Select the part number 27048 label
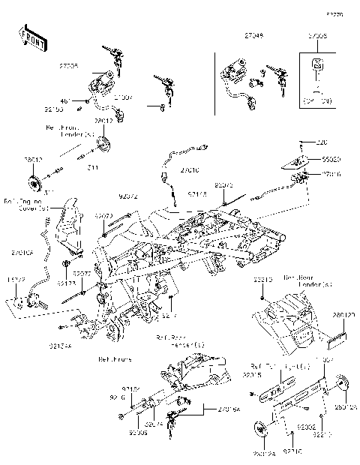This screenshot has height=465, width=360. coord(233,35)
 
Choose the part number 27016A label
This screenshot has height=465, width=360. coord(228,409)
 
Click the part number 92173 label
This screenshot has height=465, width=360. coord(66,284)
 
